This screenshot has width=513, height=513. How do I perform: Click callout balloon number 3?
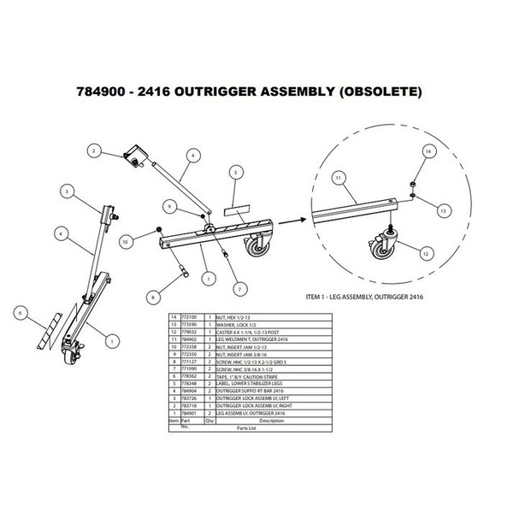tap(65, 194)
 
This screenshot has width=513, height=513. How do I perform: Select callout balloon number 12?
tap(424, 251)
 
